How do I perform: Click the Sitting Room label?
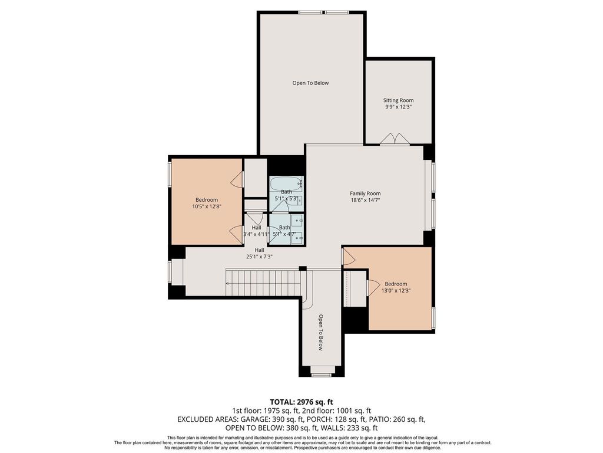[399, 100]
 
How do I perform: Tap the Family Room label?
[365, 193]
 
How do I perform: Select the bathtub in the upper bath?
[286, 183]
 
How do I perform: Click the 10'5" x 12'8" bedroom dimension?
[207, 206]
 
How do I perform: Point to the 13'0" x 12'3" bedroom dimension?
[396, 291]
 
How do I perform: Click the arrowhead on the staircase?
[228, 284]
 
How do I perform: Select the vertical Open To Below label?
[320, 333]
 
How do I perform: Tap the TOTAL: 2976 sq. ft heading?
[301, 402]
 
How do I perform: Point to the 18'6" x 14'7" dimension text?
[365, 201]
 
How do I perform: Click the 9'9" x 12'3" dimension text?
[399, 107]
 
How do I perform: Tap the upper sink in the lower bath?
[297, 221]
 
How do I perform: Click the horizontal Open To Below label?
[310, 83]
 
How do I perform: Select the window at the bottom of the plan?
[322, 374]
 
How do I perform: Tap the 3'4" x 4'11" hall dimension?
[256, 234]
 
